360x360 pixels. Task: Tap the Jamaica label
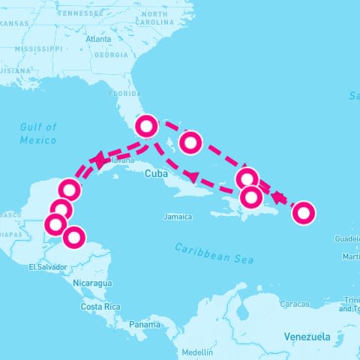[178, 217]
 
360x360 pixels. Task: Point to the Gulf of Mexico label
[38, 133]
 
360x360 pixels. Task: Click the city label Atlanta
[98, 38]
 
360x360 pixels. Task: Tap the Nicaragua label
[92, 283]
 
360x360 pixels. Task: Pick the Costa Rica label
[101, 307]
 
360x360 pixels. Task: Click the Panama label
[144, 325]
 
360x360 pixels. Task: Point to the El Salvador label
[43, 267]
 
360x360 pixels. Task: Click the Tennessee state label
[84, 13]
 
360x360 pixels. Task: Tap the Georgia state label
[111, 55]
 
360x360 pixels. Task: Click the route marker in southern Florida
[146, 126]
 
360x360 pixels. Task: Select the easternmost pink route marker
[303, 213]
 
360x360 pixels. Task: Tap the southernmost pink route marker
[73, 238]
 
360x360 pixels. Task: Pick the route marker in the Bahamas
[191, 142]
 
